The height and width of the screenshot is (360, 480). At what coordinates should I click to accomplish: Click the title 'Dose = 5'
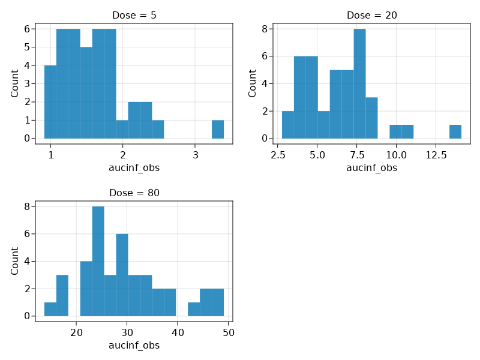(x=134, y=15)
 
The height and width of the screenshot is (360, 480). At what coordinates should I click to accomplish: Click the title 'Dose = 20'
(x=371, y=15)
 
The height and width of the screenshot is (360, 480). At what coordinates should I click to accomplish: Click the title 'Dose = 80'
(x=134, y=193)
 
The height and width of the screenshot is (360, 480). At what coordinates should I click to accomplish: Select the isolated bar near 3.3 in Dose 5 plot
(x=218, y=130)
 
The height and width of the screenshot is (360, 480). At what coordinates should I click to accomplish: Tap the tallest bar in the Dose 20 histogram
(x=359, y=84)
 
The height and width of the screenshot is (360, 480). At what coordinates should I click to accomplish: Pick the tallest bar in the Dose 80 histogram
(x=98, y=261)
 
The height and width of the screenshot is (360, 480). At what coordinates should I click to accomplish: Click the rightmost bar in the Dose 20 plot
(x=455, y=132)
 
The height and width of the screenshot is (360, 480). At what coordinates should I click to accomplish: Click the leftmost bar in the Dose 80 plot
(x=50, y=309)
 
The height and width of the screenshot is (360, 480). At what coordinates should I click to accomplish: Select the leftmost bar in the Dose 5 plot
(x=50, y=102)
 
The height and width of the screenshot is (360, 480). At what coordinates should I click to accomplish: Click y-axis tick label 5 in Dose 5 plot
(x=27, y=47)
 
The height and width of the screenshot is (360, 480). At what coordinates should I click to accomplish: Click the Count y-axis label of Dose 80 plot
(x=15, y=261)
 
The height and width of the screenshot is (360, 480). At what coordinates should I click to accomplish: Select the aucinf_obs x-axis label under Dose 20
(x=371, y=168)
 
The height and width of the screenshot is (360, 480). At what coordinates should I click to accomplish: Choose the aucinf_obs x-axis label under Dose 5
(x=134, y=168)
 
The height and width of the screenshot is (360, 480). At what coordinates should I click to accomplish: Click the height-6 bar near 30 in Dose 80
(x=122, y=275)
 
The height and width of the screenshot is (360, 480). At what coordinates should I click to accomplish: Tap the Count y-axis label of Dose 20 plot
(x=253, y=83)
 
